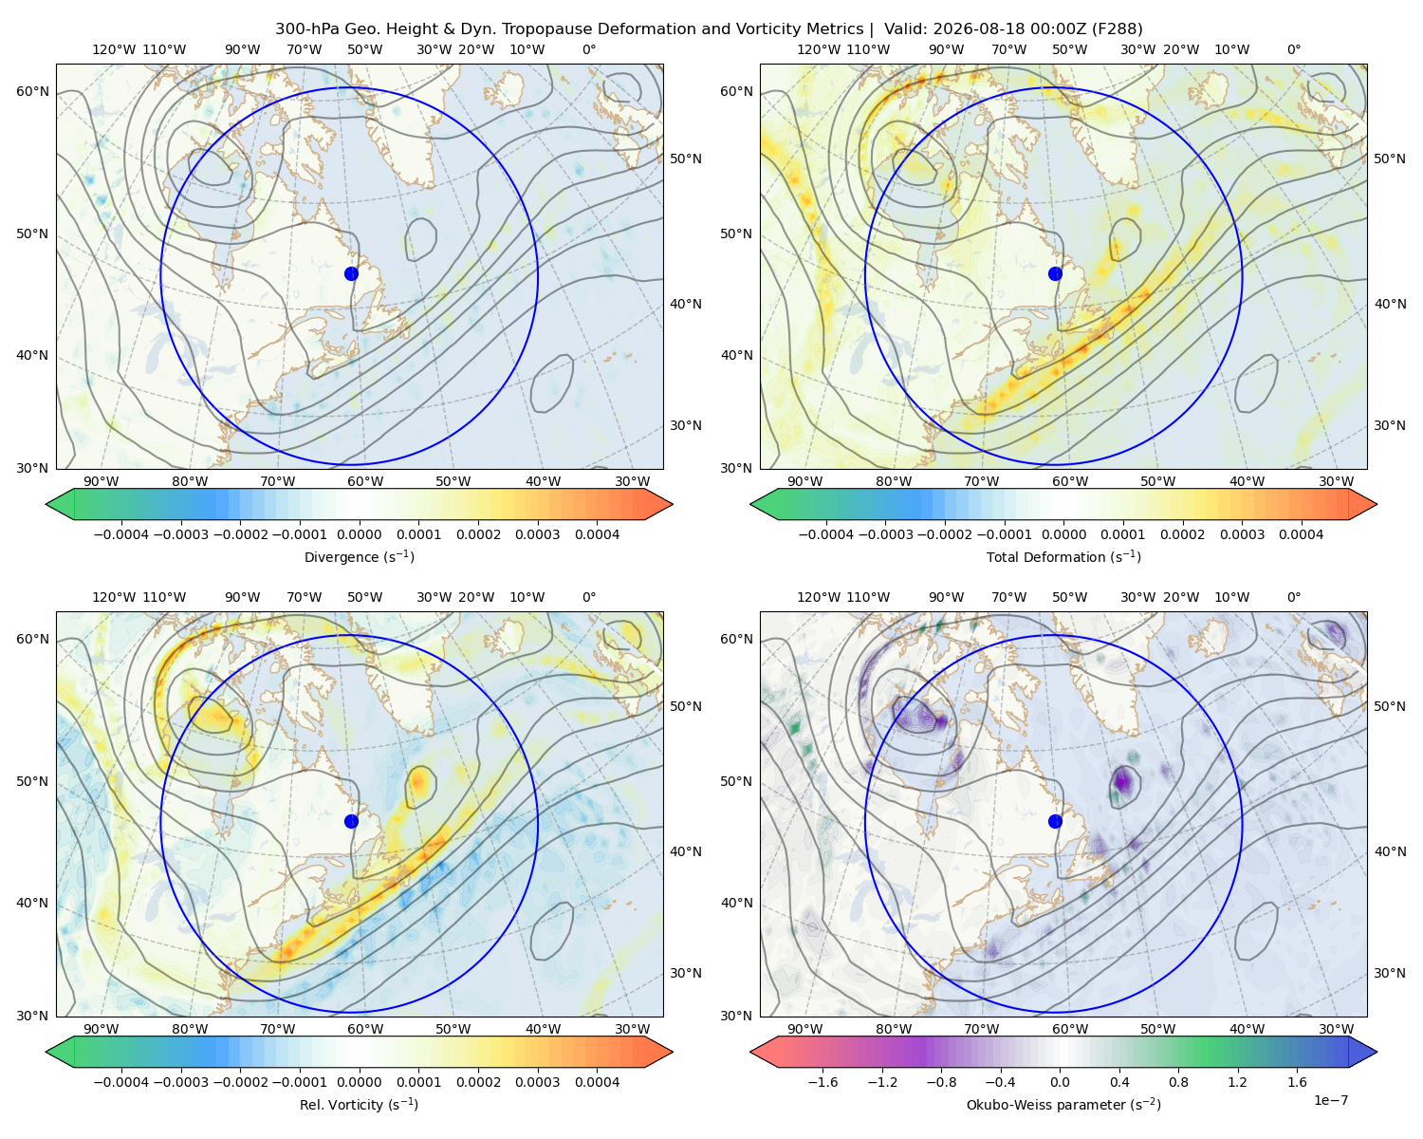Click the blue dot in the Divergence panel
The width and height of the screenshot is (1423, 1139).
click(351, 273)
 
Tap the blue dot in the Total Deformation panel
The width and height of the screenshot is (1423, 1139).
click(1055, 273)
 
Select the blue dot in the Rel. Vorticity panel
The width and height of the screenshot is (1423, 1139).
click(351, 821)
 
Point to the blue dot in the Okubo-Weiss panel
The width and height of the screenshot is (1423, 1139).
click(1055, 821)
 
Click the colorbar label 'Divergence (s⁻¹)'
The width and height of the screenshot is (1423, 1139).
click(359, 556)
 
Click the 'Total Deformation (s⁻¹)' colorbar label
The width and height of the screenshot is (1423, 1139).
click(1063, 556)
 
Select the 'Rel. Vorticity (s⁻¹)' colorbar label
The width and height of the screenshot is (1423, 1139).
click(359, 1104)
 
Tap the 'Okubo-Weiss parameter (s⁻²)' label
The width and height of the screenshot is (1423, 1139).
click(1063, 1104)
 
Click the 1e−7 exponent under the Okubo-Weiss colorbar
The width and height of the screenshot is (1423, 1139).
click(1330, 1100)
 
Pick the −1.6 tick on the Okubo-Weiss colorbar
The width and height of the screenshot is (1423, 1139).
click(823, 1082)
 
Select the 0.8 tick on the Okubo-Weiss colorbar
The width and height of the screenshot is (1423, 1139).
click(1178, 1082)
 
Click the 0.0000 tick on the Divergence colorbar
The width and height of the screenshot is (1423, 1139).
click(359, 534)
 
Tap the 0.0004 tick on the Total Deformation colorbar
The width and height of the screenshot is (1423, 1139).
click(1301, 534)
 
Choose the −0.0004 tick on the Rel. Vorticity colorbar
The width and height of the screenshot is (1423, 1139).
click(121, 1082)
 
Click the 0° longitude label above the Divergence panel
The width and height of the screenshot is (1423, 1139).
click(589, 49)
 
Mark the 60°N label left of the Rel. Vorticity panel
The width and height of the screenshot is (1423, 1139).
click(32, 639)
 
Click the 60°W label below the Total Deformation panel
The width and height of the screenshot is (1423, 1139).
click(1069, 481)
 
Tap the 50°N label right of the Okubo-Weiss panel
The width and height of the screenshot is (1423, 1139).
click(1389, 706)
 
